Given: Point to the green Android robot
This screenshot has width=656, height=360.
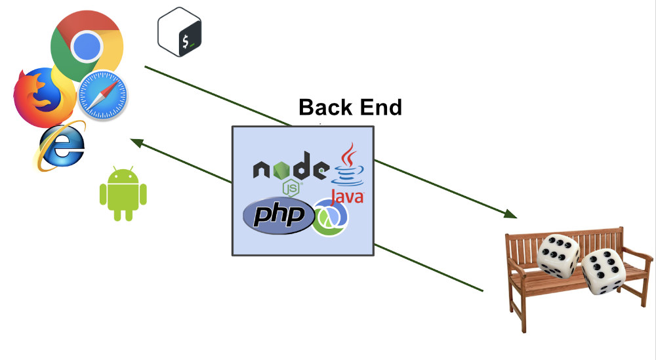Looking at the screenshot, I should coord(123,194).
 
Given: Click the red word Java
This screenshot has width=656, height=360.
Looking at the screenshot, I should coord(347,196).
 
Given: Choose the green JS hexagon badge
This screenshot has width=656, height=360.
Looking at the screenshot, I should coord(291,189).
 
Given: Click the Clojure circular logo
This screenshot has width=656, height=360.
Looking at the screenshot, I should coord(331,217).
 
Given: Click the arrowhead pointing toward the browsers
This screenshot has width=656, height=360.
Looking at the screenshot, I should coord(135,141).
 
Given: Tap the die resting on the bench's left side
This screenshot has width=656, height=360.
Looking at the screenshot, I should coord(558,254).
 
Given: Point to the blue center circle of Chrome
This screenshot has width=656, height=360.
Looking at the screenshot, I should coord(87,45).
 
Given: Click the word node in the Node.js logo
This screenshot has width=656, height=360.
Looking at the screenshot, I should coord(289,170).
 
